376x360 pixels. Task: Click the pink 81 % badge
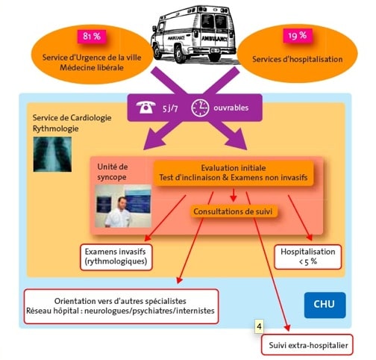92,37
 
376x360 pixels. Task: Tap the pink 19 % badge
298,35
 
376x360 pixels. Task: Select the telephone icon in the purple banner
145,108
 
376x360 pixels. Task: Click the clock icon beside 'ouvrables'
200,108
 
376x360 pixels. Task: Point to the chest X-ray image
52,154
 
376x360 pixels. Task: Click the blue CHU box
325,305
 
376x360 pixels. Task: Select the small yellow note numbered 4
260,326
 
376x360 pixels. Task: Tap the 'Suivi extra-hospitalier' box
307,344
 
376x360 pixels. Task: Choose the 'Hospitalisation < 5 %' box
308,257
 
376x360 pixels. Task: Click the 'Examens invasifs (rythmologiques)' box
116,257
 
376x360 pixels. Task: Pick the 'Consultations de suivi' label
233,211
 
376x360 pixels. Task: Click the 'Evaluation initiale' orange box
234,173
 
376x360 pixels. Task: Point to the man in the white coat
119,213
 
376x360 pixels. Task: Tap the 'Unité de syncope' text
113,172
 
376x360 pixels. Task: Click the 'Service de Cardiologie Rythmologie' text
72,123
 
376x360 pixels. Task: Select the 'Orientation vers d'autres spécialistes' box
122,306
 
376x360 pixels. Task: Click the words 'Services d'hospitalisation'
298,59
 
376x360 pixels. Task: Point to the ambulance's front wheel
180,55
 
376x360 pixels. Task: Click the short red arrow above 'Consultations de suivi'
233,195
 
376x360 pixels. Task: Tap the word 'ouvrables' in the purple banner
231,108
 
